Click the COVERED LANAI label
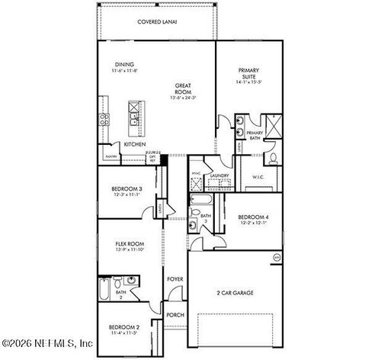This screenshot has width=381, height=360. click(157, 22)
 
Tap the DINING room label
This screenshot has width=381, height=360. click(125, 64)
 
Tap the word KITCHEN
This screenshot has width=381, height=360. click(135, 144)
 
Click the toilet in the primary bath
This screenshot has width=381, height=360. click(274, 159)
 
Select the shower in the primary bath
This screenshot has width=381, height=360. click(272, 124)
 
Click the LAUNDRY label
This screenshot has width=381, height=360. click(219, 175)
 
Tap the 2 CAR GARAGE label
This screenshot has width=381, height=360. click(235, 292)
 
